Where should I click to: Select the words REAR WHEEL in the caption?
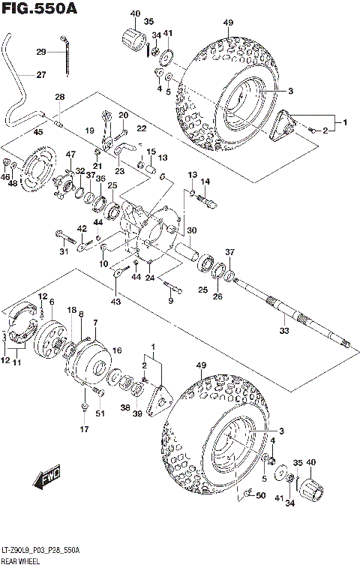[22, 560]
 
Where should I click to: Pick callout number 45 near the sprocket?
[38, 133]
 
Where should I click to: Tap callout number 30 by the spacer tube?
[192, 230]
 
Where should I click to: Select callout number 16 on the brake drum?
[117, 350]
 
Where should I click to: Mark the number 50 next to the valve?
[259, 497]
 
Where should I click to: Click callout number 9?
[170, 301]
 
